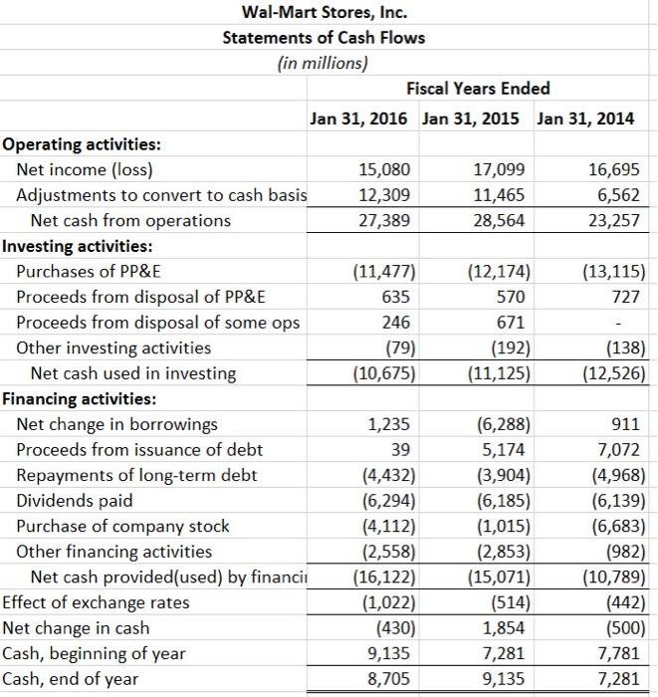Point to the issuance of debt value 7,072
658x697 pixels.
(620, 450)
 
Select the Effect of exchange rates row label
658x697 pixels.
(96, 602)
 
